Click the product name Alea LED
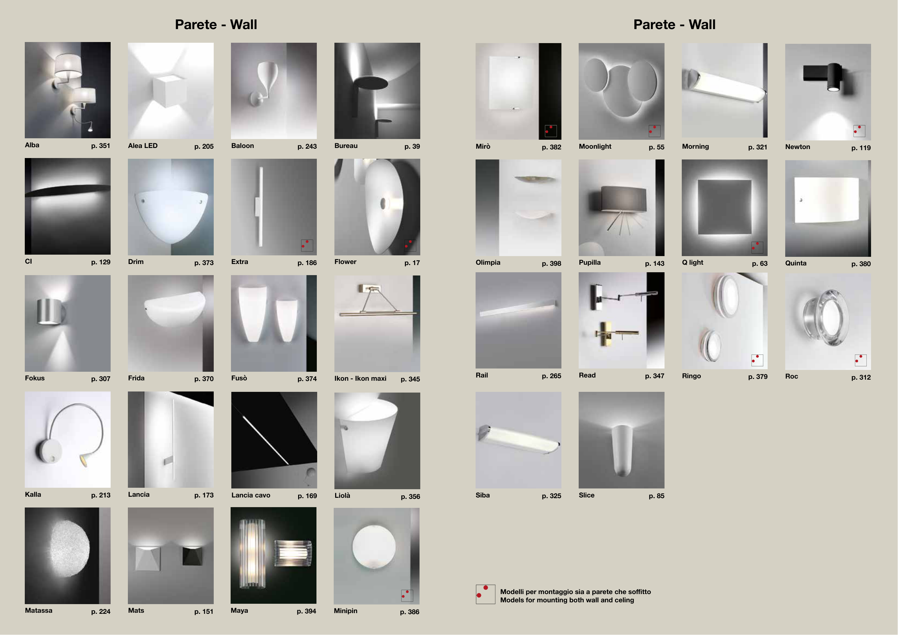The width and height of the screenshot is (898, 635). (143, 146)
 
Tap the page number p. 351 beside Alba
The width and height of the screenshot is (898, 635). (101, 146)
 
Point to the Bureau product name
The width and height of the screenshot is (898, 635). (346, 146)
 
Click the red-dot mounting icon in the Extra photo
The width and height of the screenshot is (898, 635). (307, 245)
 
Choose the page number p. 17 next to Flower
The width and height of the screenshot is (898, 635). (412, 263)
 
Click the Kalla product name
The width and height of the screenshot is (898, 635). (33, 495)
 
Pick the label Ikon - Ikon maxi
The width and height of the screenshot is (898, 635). (360, 379)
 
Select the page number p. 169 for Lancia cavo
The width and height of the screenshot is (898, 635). (307, 496)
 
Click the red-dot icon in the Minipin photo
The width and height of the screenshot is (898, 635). (407, 595)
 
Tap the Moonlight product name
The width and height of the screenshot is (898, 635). (595, 147)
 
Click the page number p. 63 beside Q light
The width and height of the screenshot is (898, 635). (760, 264)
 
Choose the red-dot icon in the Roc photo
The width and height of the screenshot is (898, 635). (860, 360)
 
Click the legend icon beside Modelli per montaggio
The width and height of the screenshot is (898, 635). (485, 594)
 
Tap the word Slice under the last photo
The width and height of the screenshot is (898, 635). (587, 495)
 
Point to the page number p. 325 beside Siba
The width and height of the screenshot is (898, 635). (551, 496)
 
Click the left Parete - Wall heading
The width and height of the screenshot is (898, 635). (216, 25)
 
